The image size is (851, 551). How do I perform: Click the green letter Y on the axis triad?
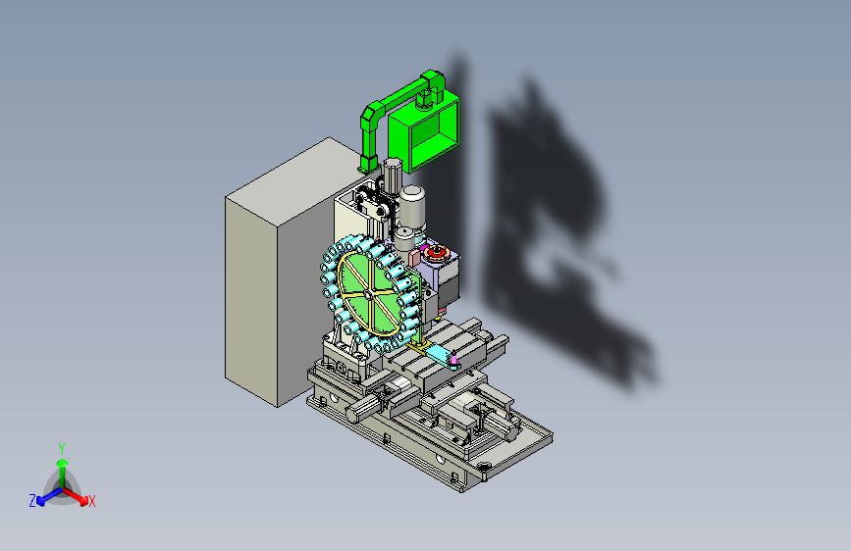coord(62,448)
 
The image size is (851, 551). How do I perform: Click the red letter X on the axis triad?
coord(91,501)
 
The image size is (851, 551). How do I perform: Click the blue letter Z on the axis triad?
coord(32,501)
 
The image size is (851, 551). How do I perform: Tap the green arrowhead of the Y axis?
coord(63,463)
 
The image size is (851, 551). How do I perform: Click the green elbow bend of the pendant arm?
coord(371,115)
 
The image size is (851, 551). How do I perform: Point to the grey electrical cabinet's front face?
coord(250,301)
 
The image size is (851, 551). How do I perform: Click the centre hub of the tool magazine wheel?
coord(367,294)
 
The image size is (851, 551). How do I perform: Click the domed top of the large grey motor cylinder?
coord(412,192)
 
